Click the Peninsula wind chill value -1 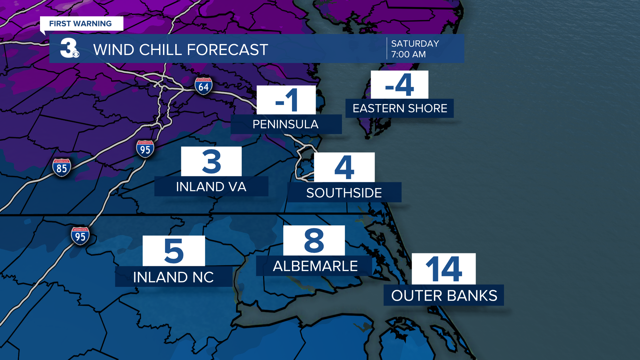click(286, 100)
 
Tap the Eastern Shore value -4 click(399, 85)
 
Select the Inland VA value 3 click(211, 162)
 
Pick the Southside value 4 click(344, 167)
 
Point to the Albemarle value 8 click(314, 240)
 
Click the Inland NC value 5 click(174, 251)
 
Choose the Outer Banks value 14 click(444, 269)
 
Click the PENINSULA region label click(286, 124)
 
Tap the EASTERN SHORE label click(400, 108)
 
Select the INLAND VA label click(211, 187)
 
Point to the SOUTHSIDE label click(344, 193)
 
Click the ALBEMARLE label click(315, 266)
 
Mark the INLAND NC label click(173, 277)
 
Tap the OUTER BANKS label click(444, 295)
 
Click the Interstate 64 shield click(203, 86)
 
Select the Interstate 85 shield click(62, 167)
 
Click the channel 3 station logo click(69, 48)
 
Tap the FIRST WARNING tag click(81, 24)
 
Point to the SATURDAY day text click(415, 44)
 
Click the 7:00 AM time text click(408, 54)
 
